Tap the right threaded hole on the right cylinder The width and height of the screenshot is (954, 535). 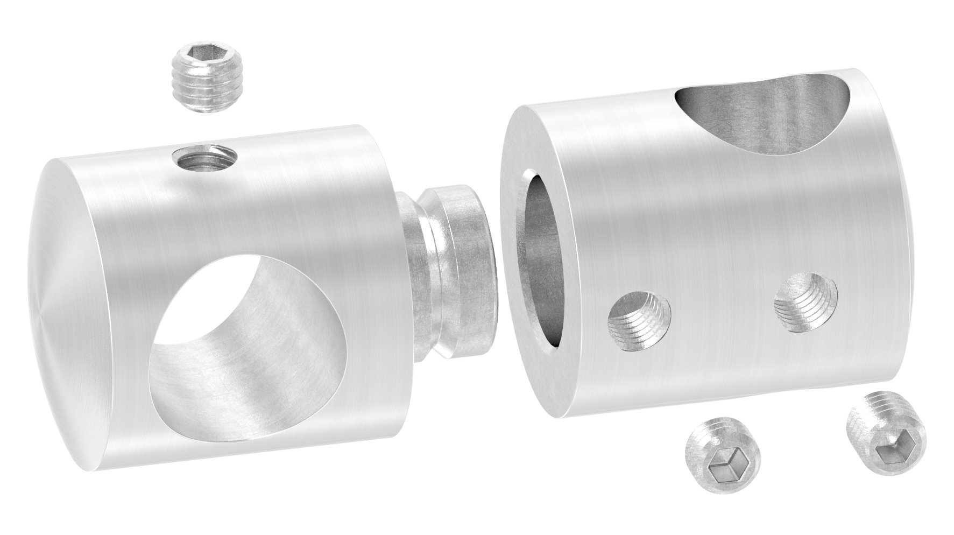click(x=805, y=302)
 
